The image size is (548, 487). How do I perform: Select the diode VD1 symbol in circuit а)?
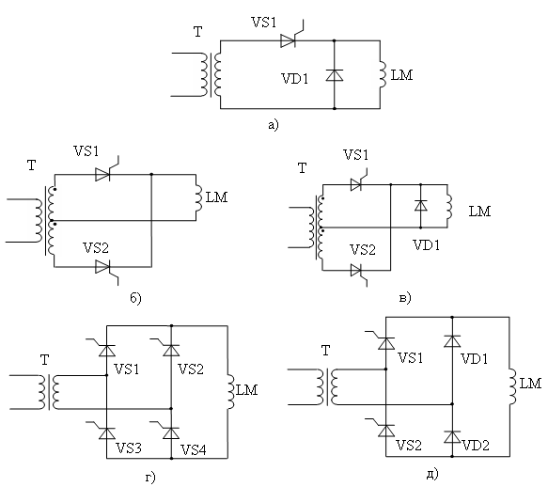tap(335, 75)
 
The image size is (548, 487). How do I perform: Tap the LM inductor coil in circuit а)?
tap(384, 74)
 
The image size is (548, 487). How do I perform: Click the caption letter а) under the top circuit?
tap(274, 125)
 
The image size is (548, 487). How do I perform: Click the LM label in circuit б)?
tap(217, 197)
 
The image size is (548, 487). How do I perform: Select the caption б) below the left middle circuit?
tap(135, 298)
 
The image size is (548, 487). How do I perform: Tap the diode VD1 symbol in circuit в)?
tap(421, 206)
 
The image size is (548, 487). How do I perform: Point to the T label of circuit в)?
tap(303, 168)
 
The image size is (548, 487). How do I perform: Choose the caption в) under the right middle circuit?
tap(405, 298)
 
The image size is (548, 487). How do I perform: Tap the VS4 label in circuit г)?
tap(194, 449)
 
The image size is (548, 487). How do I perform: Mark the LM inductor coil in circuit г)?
tap(230, 391)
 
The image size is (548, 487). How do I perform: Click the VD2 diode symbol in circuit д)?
tap(452, 437)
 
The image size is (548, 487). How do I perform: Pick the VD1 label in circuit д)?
tap(474, 359)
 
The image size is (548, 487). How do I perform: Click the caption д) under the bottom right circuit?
tap(432, 474)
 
